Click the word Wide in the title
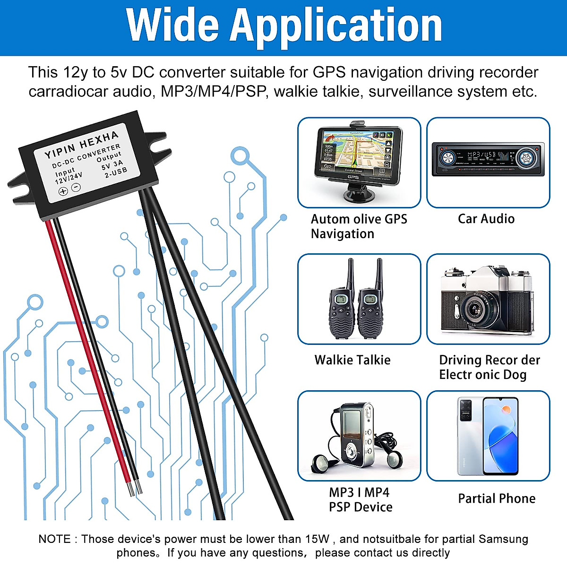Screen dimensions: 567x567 tap(173, 26)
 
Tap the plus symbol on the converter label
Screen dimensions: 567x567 tap(63, 191)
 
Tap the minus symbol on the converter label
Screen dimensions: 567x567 tap(76, 187)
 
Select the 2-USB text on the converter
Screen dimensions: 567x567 tap(116, 172)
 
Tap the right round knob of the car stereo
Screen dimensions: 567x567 tap(525, 158)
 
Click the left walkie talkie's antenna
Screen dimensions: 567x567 tap(351, 274)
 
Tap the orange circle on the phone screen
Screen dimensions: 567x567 tap(506, 410)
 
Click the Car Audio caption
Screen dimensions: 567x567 tap(486, 219)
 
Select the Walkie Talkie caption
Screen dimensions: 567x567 tap(352, 360)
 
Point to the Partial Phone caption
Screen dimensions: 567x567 tap(497, 498)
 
